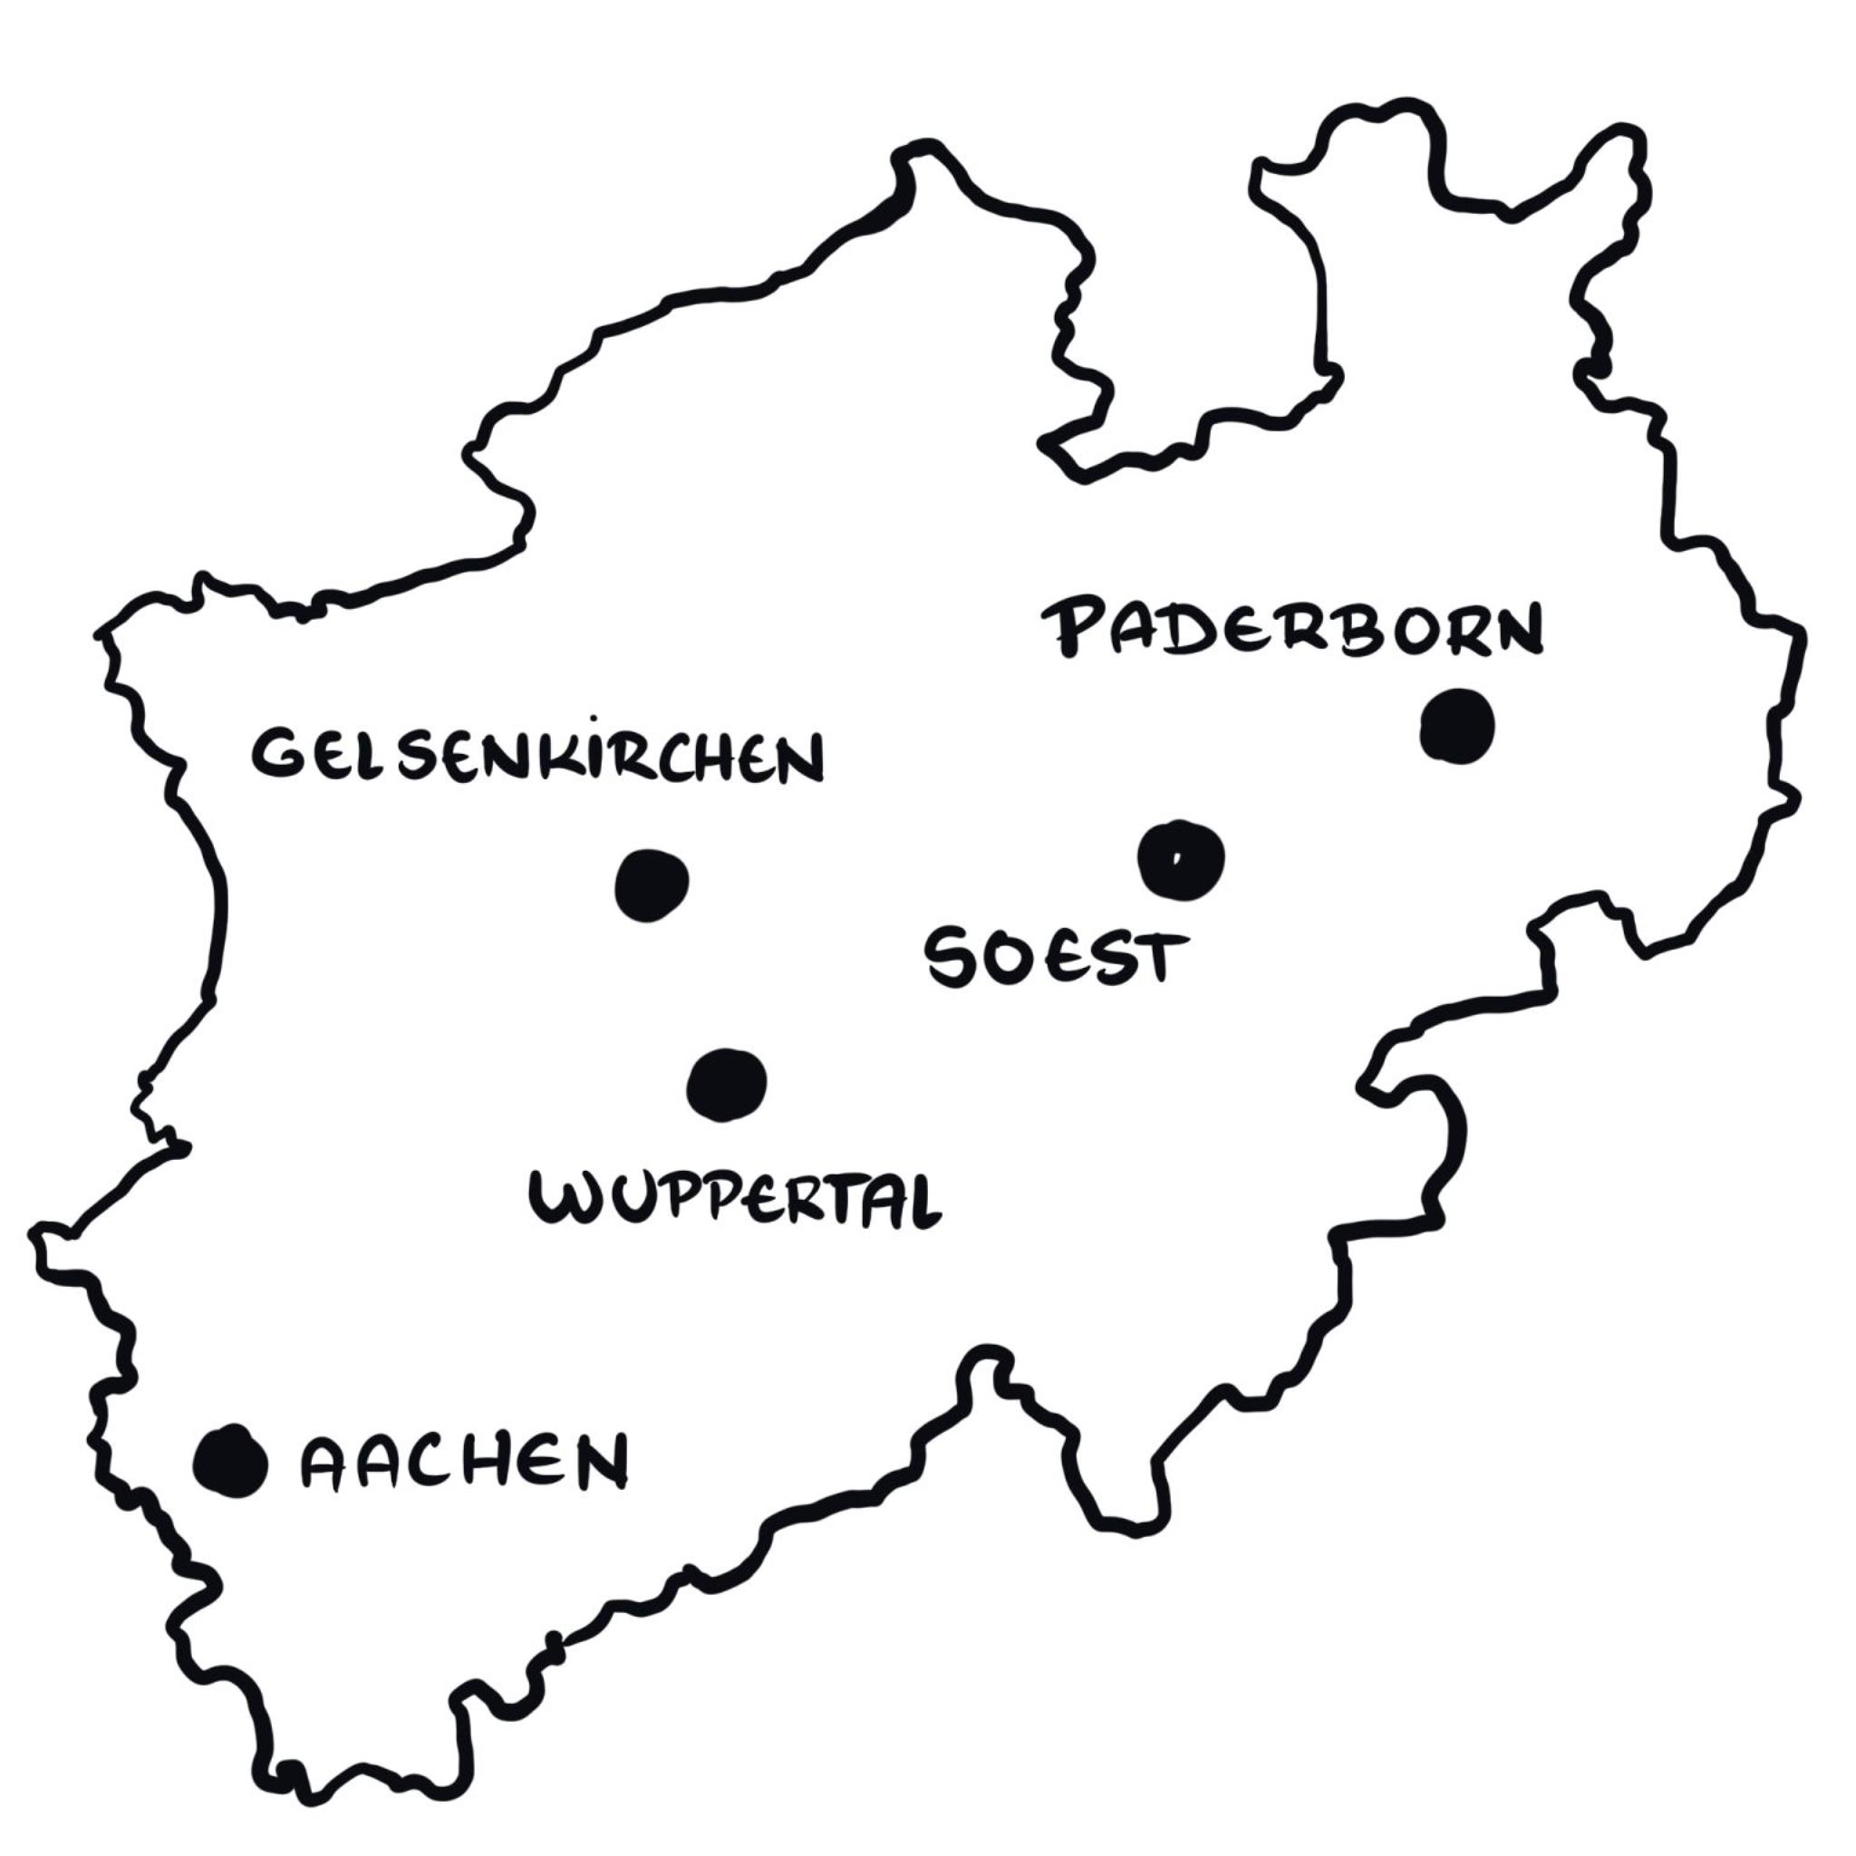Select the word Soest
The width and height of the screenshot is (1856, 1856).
[1054, 958]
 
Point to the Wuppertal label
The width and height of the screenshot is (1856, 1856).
[736, 1199]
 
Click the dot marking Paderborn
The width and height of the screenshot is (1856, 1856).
[1457, 726]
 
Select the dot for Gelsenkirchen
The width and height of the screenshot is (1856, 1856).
[652, 884]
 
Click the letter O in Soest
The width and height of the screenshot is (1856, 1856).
[1003, 957]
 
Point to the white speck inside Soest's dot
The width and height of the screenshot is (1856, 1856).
[1174, 858]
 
